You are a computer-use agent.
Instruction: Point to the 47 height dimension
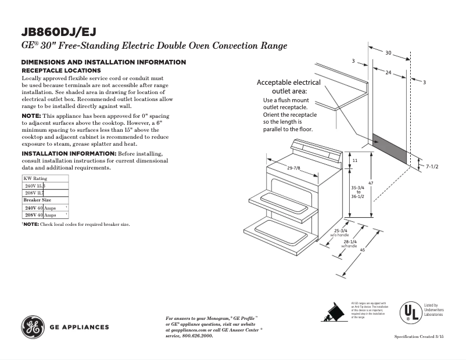pyautogui.click(x=370, y=183)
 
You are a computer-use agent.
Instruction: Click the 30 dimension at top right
pyautogui.click(x=388, y=53)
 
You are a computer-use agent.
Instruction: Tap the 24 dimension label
pyautogui.click(x=388, y=73)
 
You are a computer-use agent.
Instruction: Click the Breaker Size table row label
pyautogui.click(x=37, y=200)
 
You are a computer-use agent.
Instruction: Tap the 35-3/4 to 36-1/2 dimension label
pyautogui.click(x=358, y=192)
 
